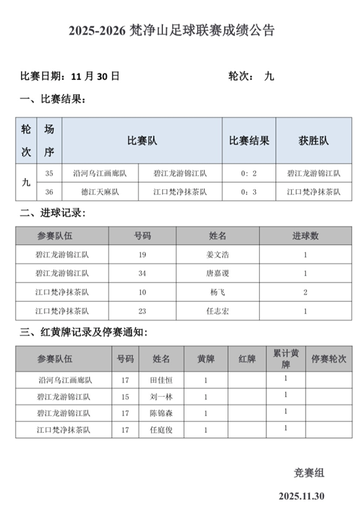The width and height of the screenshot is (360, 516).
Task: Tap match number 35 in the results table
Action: click(x=50, y=174)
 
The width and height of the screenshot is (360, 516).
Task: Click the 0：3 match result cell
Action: click(x=248, y=192)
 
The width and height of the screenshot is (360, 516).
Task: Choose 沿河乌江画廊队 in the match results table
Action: click(x=100, y=174)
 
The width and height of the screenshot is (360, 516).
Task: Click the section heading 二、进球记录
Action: click(x=52, y=213)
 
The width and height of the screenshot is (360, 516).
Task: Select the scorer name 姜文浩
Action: click(x=217, y=255)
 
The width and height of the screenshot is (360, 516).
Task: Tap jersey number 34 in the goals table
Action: click(x=142, y=273)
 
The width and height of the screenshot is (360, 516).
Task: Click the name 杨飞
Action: click(x=217, y=292)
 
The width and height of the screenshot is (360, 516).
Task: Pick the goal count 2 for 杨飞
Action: click(x=305, y=292)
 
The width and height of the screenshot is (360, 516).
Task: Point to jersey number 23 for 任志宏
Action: click(x=142, y=311)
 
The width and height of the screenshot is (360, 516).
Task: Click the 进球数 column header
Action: click(x=305, y=236)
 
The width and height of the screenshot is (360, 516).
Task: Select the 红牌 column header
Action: click(x=247, y=358)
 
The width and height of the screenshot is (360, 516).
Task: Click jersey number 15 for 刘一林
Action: click(x=125, y=396)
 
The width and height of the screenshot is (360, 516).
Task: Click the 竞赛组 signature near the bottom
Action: click(x=309, y=472)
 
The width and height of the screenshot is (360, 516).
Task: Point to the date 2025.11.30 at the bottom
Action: click(x=301, y=495)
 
